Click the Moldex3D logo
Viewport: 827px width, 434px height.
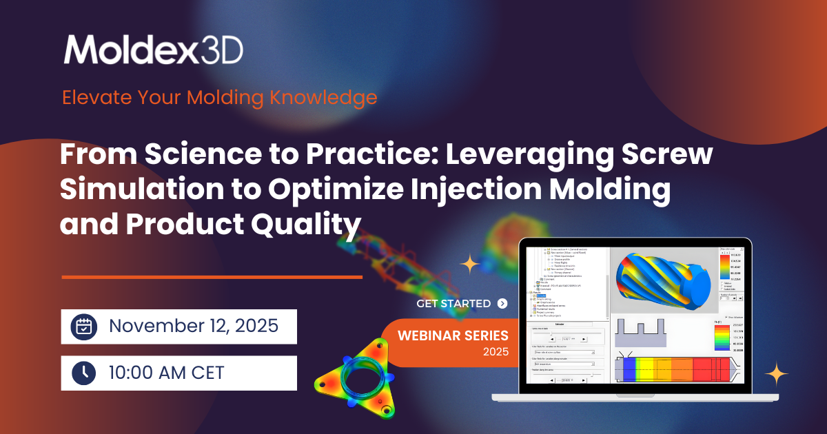(153, 50)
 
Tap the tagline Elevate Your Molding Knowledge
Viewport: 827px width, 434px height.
(219, 97)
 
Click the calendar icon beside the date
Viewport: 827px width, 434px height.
(83, 327)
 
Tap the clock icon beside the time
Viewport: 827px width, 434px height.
(83, 373)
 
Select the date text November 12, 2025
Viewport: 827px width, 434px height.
(194, 327)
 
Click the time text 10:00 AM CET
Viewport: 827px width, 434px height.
(166, 373)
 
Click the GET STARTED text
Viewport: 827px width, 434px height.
(453, 303)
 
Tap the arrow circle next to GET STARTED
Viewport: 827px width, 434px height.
(502, 303)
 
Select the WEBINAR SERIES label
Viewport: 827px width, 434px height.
(453, 336)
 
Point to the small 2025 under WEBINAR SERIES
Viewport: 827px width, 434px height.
(496, 352)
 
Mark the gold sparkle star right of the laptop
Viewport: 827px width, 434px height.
(777, 373)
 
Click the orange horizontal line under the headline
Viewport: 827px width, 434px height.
(212, 277)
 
